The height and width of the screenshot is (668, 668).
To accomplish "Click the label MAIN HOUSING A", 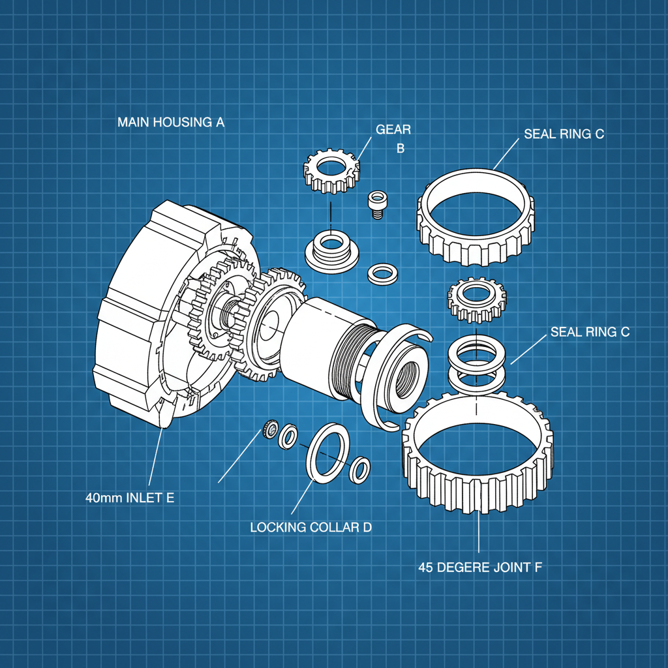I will [x=171, y=122].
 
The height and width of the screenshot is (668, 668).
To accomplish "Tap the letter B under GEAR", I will [x=401, y=149].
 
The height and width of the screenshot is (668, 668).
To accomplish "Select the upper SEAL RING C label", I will [x=564, y=134].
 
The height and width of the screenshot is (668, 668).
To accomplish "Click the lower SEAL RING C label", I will [x=590, y=332].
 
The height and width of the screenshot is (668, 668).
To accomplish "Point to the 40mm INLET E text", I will [x=130, y=498].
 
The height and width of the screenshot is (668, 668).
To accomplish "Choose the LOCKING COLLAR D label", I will [x=311, y=527].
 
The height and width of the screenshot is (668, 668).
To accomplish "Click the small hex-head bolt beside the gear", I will [x=377, y=204].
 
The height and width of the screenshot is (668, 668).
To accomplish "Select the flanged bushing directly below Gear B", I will [x=331, y=250].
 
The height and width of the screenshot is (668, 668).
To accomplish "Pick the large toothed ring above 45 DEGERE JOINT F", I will [x=479, y=450].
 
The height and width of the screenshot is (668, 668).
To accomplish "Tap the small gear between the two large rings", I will [x=477, y=299].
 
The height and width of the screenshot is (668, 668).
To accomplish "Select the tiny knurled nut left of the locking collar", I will [x=267, y=430].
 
